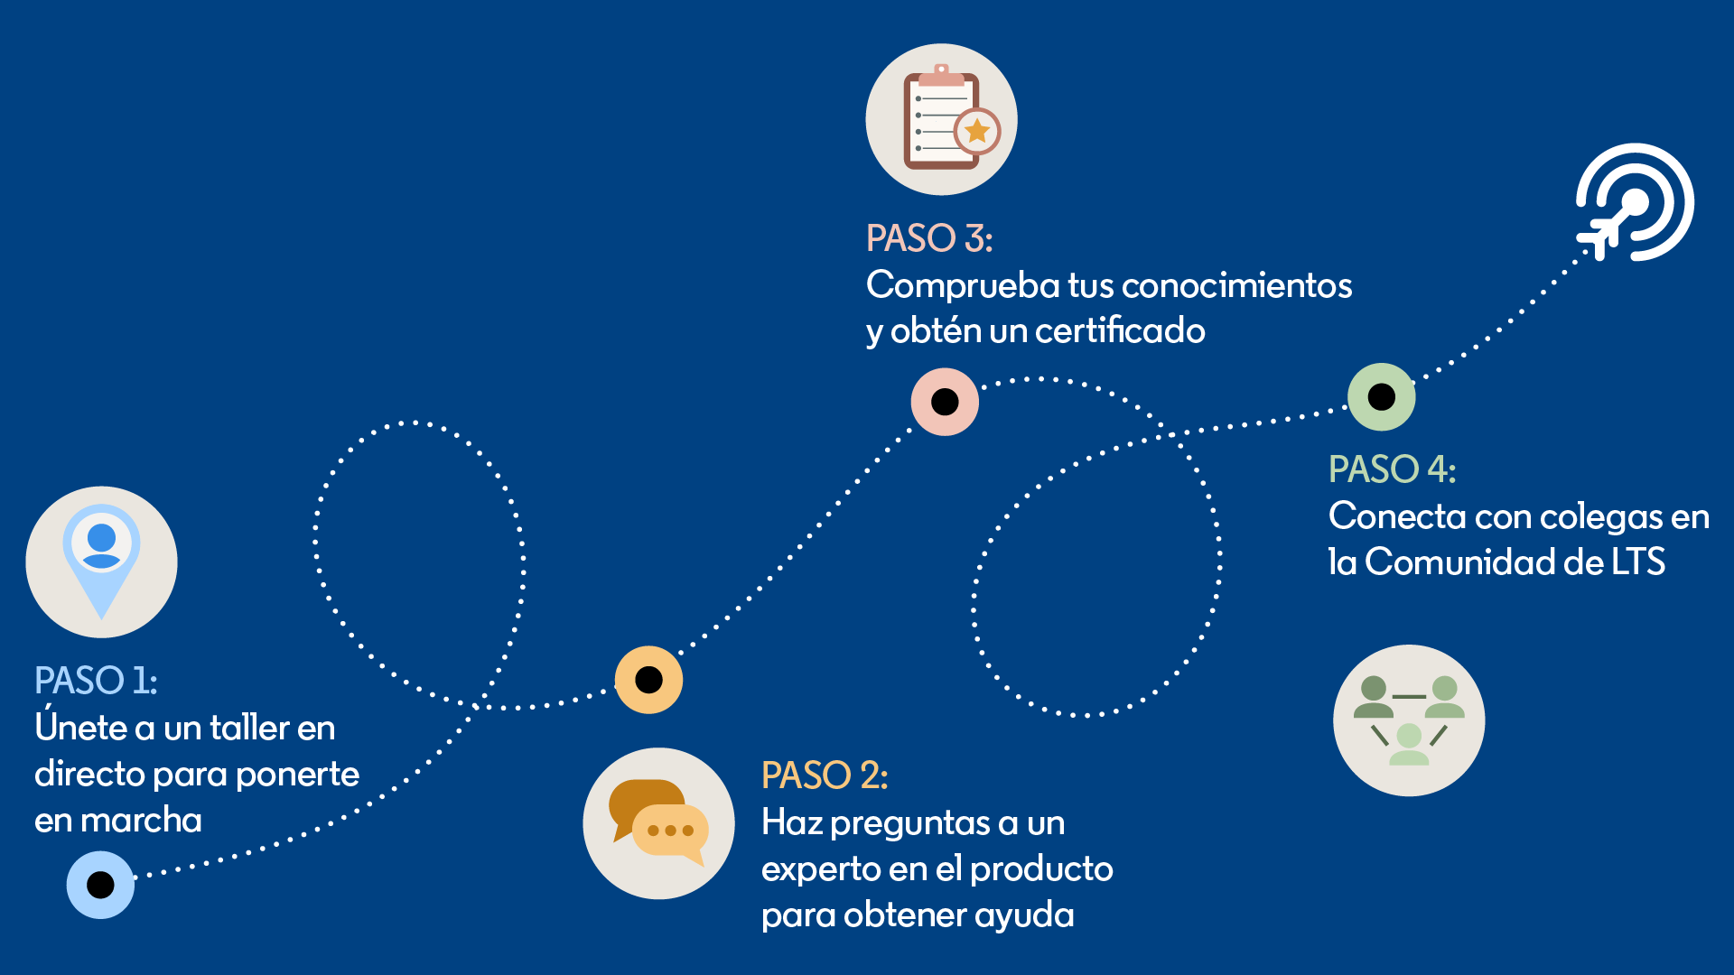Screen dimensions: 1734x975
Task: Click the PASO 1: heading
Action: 96,681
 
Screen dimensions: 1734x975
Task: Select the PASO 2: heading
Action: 825,775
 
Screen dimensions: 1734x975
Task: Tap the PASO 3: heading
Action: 929,238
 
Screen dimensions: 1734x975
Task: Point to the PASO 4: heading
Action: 1392,469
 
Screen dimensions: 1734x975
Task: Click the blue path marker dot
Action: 100,885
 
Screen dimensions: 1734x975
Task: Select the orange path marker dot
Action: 648,680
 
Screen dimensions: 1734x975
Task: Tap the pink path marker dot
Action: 945,402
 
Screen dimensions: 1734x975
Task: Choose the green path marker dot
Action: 1382,396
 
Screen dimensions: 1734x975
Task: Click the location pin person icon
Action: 101,562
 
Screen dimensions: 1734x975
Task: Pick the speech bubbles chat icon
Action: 658,823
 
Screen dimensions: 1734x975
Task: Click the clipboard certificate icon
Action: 941,119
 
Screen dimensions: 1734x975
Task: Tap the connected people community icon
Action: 1409,720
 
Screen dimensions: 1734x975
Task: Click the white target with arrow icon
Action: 1635,202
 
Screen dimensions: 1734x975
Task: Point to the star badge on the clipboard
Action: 977,132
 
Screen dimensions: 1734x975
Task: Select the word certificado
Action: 1120,331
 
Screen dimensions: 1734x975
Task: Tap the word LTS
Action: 1638,562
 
